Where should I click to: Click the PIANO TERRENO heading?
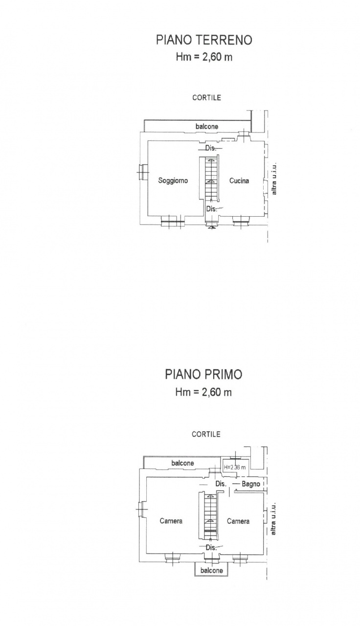pyautogui.click(x=204, y=40)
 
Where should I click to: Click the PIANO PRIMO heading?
pyautogui.click(x=203, y=374)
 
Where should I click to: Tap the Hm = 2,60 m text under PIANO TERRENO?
pyautogui.click(x=204, y=57)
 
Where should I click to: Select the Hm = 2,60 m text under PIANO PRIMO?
pyautogui.click(x=203, y=392)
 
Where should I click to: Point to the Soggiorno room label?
pyautogui.click(x=173, y=180)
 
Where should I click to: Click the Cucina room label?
pyautogui.click(x=239, y=181)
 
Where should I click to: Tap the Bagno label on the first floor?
pyautogui.click(x=251, y=484)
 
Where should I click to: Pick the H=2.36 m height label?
pyautogui.click(x=235, y=467)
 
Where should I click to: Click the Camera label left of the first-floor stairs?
pyautogui.click(x=171, y=521)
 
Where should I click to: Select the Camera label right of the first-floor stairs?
pyautogui.click(x=238, y=521)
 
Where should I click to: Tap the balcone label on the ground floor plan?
pyautogui.click(x=207, y=126)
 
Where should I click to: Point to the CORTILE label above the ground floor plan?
pyautogui.click(x=206, y=97)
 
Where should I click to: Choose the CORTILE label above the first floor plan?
pyautogui.click(x=206, y=434)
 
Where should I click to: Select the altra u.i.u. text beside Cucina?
pyautogui.click(x=274, y=179)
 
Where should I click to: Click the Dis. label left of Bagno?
pyautogui.click(x=221, y=484)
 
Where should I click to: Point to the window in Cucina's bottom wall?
pyautogui.click(x=241, y=222)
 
